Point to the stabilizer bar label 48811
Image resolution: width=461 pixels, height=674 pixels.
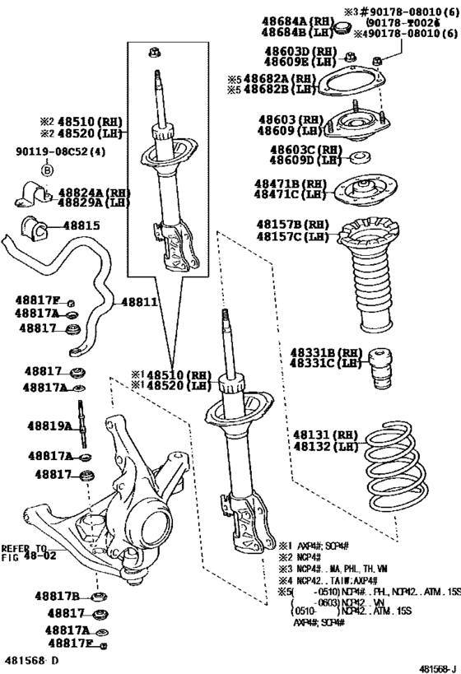(139, 302)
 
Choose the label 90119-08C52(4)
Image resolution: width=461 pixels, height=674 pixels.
(54, 152)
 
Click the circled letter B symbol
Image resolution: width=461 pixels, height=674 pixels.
(47, 170)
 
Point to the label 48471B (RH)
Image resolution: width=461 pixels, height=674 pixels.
(291, 184)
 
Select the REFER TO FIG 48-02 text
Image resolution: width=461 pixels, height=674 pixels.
(24, 552)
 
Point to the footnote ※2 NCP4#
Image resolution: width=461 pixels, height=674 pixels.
(304, 557)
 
